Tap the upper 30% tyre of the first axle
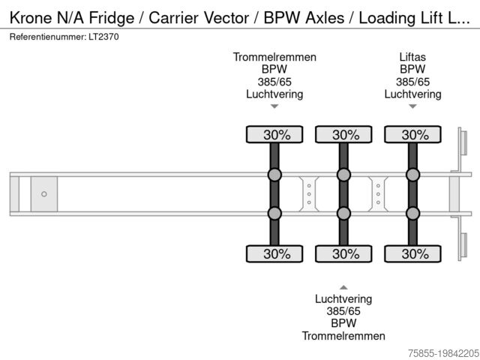point(274,134)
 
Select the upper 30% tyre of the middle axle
point(343,134)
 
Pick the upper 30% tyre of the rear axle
point(412,134)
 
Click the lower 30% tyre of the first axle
point(274,253)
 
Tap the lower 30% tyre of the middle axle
point(343,253)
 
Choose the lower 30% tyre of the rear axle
point(412,253)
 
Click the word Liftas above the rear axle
point(412,57)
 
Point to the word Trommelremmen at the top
point(274,57)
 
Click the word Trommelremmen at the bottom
point(343,335)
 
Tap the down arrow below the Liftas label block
point(412,106)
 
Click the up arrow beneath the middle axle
point(343,286)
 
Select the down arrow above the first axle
point(274,106)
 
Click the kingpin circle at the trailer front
point(44,194)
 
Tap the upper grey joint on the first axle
point(274,175)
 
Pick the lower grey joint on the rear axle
point(412,213)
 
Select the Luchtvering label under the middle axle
point(343,298)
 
